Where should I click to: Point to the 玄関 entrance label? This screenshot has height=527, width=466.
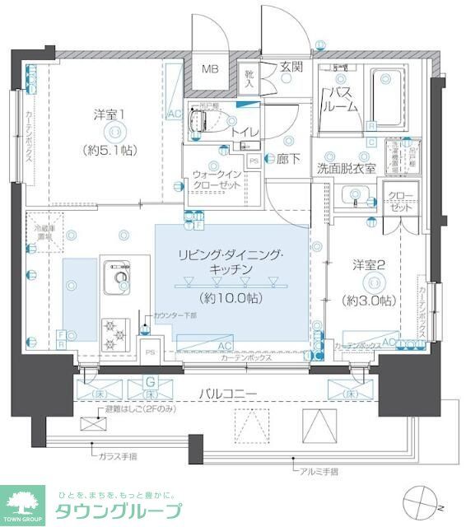[x=291, y=67]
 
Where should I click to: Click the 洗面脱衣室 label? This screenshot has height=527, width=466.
[x=347, y=168]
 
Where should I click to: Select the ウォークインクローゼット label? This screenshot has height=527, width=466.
[x=217, y=180]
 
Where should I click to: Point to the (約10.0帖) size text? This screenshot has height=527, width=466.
[x=231, y=297]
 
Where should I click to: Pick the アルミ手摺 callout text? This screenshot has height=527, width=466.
[x=321, y=471]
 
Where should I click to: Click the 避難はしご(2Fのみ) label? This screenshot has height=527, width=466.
[x=140, y=409]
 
